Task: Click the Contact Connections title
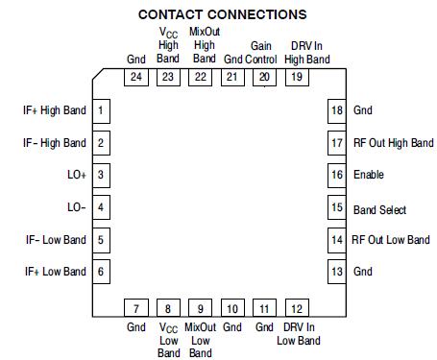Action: click(223, 14)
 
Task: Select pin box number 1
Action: click(101, 110)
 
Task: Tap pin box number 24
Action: click(135, 77)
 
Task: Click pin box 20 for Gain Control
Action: click(262, 77)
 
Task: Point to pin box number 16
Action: click(336, 175)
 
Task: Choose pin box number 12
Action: click(298, 308)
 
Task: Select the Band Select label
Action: click(379, 208)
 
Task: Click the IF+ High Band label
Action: click(54, 110)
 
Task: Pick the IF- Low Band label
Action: click(55, 240)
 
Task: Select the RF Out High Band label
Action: click(393, 143)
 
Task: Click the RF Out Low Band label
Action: click(390, 240)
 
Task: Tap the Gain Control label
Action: click(262, 52)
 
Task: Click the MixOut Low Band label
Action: click(201, 340)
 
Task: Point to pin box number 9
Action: click(201, 308)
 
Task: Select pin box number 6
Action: click(101, 272)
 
